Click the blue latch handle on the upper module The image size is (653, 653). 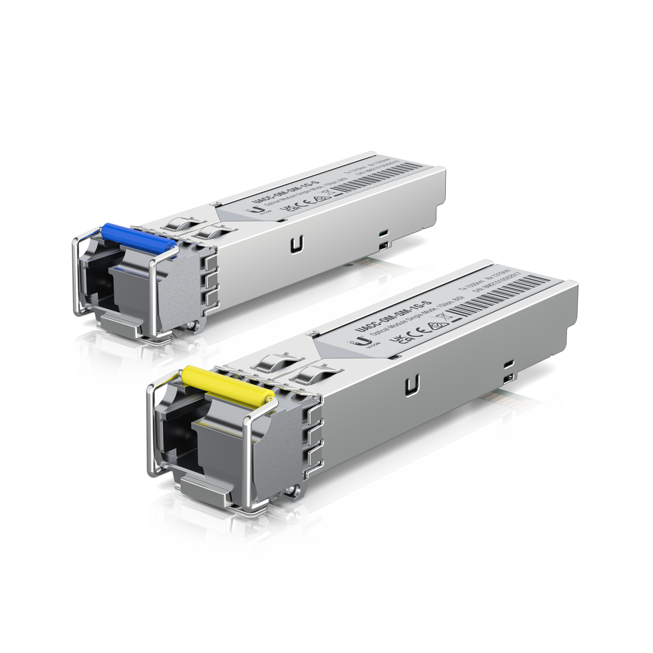(138, 238)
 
